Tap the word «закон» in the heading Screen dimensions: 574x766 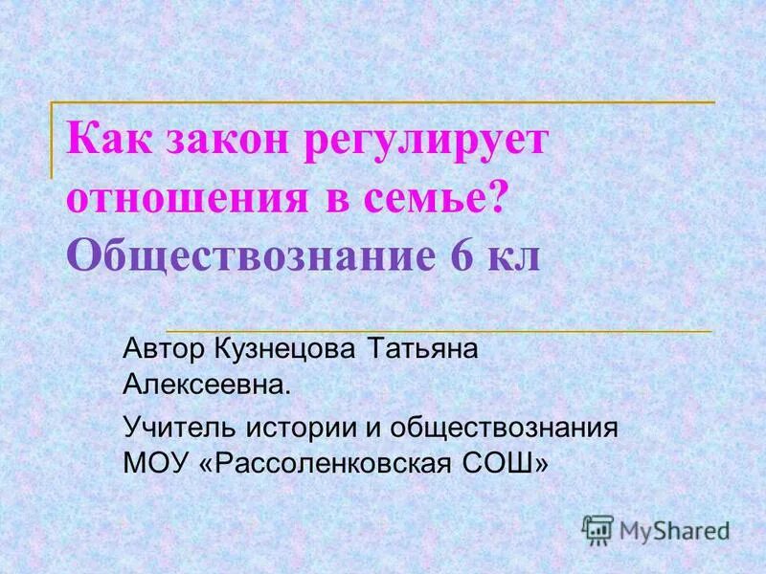tap(214, 142)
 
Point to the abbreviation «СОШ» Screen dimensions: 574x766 tap(512, 463)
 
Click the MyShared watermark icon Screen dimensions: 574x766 tap(597, 530)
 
